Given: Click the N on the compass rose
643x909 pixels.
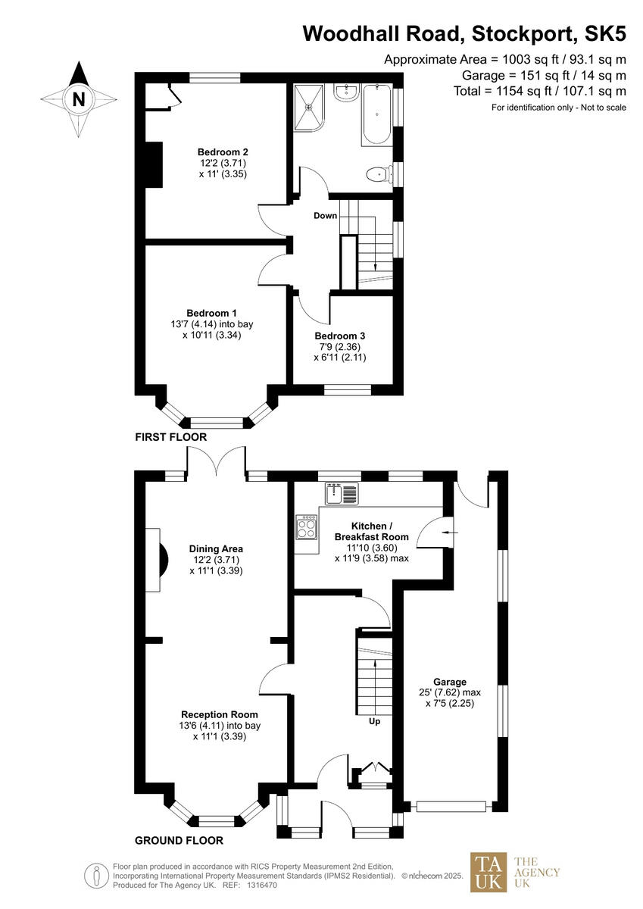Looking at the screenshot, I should (x=79, y=99).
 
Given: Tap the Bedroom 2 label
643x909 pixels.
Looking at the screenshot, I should (x=223, y=151).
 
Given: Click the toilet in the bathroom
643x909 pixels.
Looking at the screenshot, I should (x=376, y=176).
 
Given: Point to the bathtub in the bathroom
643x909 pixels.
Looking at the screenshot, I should (x=376, y=115).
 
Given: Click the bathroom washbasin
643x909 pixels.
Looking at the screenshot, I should (x=348, y=93).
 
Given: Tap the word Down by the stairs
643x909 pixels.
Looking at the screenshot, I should (x=326, y=216).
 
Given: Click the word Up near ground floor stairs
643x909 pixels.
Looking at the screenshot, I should (x=374, y=721).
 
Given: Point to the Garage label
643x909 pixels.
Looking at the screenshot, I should (x=450, y=681).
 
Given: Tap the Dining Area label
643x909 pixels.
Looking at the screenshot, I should (x=216, y=548).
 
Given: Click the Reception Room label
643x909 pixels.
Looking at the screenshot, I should (x=219, y=714).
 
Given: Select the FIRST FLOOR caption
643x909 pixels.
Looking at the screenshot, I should (x=170, y=437).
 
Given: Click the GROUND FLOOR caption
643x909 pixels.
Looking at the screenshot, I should (x=179, y=840).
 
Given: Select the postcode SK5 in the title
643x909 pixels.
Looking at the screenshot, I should (x=602, y=34).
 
